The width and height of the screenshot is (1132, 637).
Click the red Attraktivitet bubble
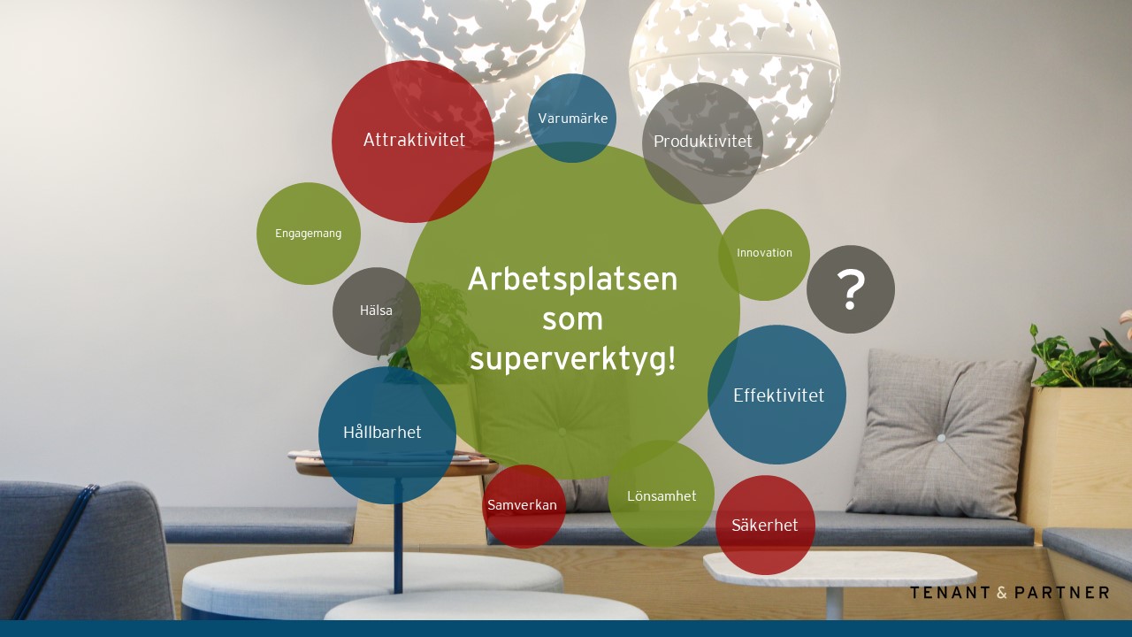click(412, 142)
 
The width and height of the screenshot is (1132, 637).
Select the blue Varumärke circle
click(572, 119)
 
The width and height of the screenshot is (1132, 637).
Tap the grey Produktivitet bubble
click(702, 143)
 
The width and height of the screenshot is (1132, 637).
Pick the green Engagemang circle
click(309, 234)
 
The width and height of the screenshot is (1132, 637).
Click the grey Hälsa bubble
click(377, 311)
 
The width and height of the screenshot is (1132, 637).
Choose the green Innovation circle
click(764, 255)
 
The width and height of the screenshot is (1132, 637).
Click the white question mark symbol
click(851, 289)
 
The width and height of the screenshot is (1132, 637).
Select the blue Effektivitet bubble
click(776, 395)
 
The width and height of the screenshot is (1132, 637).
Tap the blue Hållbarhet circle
click(387, 435)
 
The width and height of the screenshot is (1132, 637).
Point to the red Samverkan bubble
click(524, 506)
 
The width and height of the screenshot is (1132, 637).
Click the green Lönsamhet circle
click(661, 494)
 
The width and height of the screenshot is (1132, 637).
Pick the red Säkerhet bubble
click(765, 525)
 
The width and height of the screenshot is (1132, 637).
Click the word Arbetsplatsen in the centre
click(572, 279)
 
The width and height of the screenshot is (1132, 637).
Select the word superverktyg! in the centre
click(572, 360)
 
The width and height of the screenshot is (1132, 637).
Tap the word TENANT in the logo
click(950, 593)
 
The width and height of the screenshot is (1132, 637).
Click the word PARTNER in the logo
click(1062, 593)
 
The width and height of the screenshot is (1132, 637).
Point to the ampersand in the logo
click(1002, 593)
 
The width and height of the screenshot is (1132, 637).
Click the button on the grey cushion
click(941, 438)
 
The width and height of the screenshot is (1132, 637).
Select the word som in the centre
click(572, 320)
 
